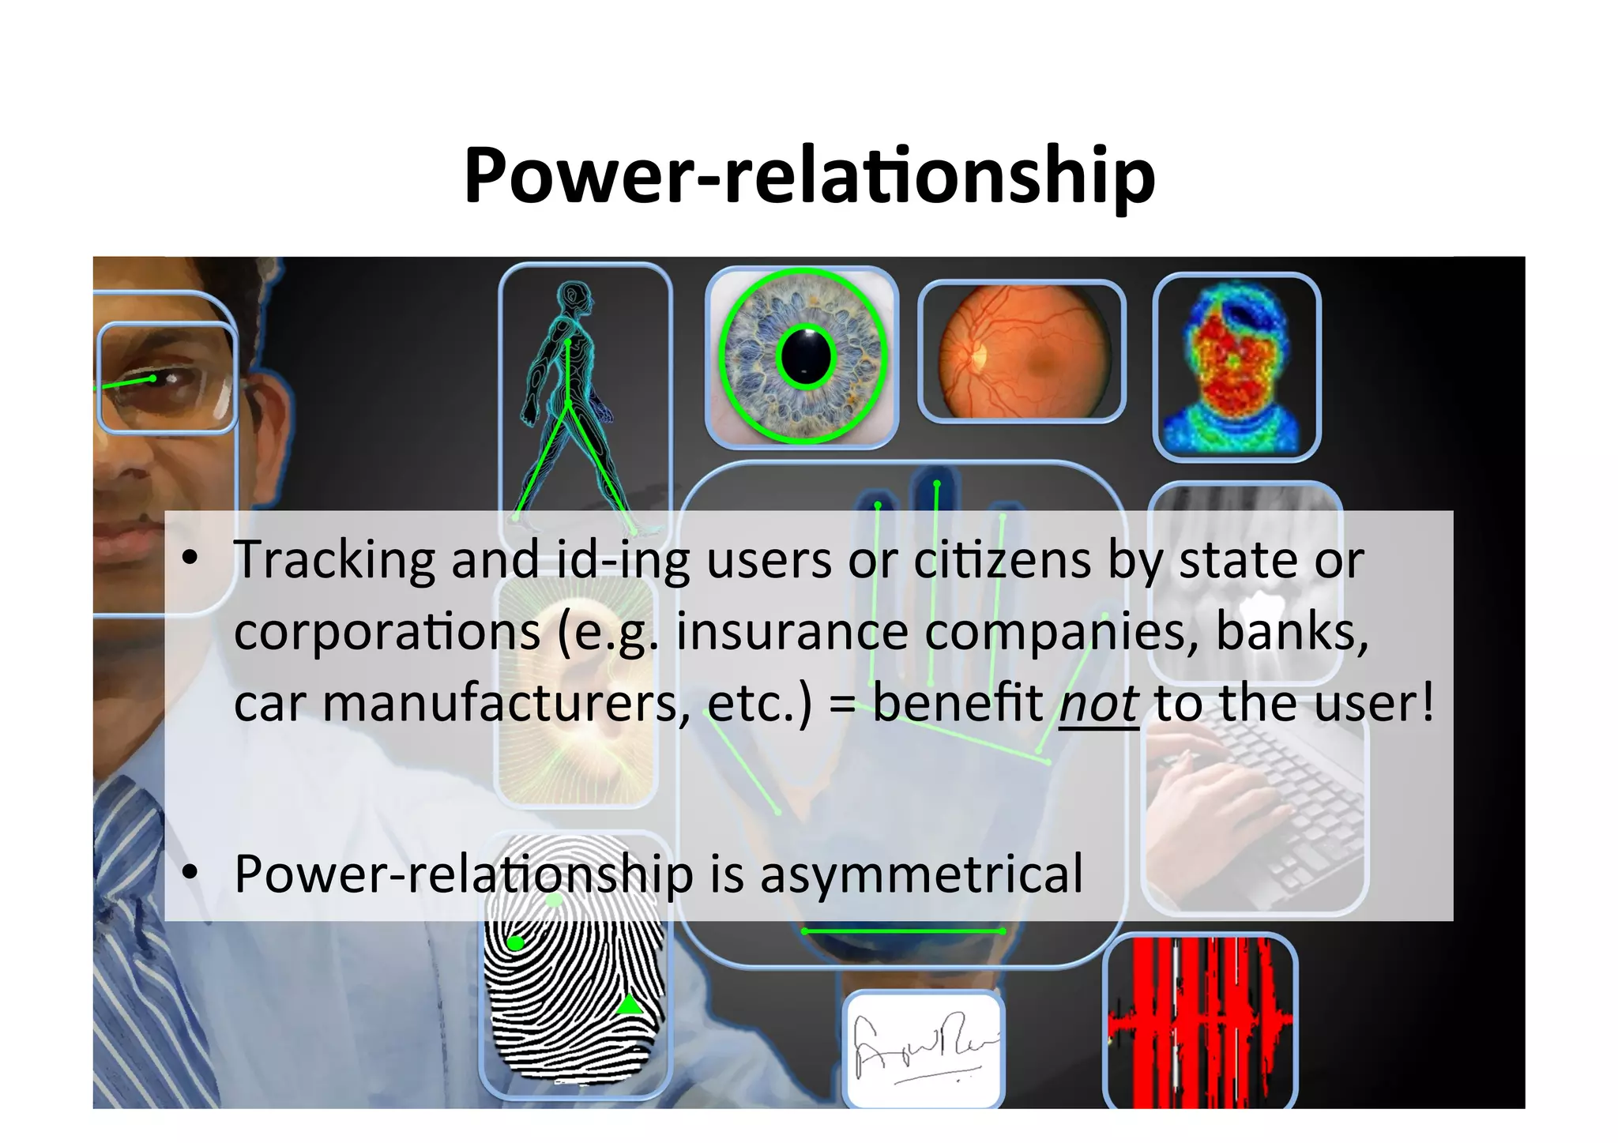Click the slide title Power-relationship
click(809, 175)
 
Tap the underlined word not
click(1098, 703)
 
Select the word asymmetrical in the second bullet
click(921, 874)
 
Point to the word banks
click(1292, 632)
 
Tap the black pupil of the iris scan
click(806, 357)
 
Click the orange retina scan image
click(1022, 352)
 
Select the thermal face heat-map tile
click(1236, 367)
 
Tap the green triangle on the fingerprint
click(629, 1005)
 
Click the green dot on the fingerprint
click(516, 943)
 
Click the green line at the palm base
click(902, 932)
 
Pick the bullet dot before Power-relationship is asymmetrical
click(190, 872)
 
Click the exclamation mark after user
click(1426, 701)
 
